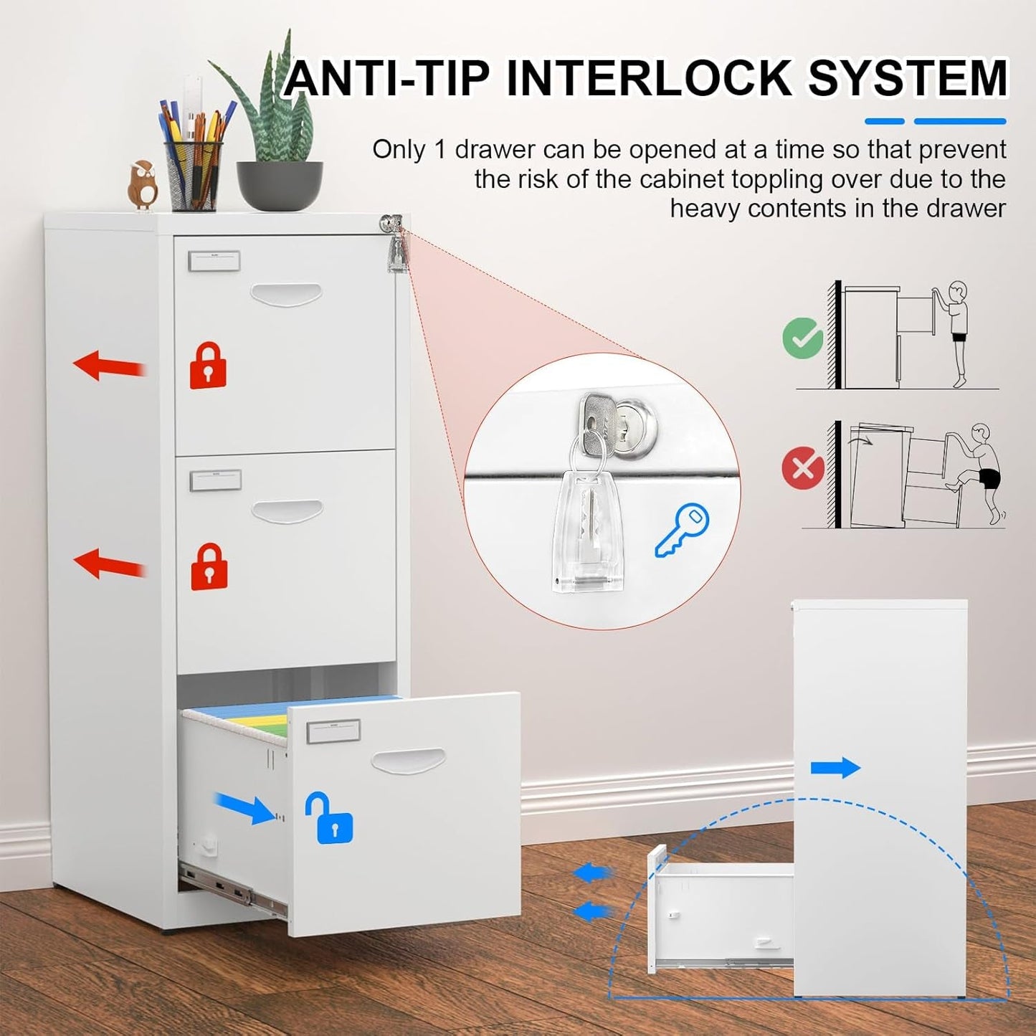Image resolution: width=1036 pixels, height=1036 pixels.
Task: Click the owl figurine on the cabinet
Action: (x=143, y=185)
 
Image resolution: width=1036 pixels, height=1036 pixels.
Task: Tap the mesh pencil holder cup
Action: (x=194, y=176)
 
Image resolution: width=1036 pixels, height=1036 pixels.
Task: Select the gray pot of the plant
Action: (x=280, y=186)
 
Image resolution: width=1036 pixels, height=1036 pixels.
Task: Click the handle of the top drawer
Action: (x=286, y=294)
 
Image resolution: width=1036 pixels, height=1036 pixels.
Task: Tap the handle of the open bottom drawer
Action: (x=408, y=761)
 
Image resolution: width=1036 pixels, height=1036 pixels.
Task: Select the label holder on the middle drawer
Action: (x=215, y=480)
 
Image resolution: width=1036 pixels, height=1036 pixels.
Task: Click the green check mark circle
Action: (x=803, y=338)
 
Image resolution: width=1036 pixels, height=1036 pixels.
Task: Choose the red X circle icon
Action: (x=803, y=467)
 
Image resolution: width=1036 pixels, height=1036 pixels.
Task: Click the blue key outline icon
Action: (x=682, y=531)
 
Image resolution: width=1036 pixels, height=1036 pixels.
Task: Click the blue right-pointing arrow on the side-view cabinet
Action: (x=835, y=768)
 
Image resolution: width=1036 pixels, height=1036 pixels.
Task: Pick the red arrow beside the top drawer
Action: (x=110, y=366)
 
